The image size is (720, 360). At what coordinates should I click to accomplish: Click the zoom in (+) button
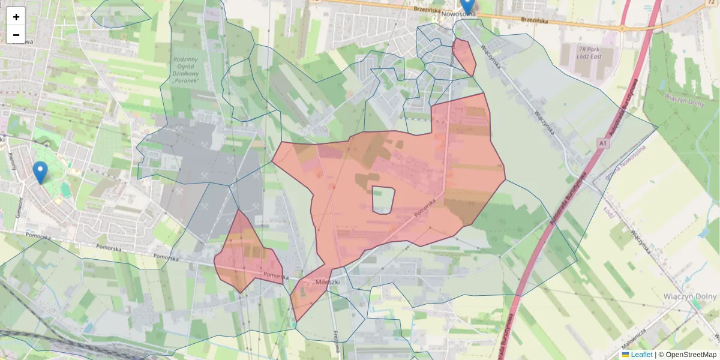(16, 17)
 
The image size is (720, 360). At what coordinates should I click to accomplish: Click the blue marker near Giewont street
(40, 172)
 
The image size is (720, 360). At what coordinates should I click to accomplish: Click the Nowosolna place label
(458, 14)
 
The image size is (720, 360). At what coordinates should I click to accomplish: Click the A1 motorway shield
(603, 143)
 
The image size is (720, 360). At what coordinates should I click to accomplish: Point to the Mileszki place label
(328, 281)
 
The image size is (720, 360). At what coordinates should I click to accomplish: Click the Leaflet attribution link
(641, 355)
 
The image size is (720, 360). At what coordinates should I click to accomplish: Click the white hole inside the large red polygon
(383, 200)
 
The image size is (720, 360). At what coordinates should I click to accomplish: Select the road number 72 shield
(711, 3)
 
